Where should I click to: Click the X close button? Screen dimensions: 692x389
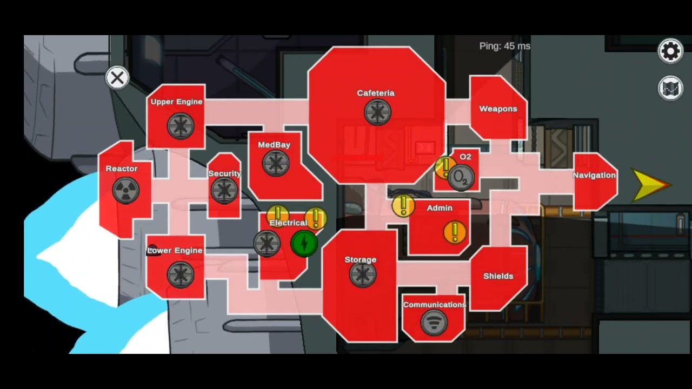(x=117, y=78)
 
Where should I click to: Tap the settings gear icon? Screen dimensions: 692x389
(x=670, y=51)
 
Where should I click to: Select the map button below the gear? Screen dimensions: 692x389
(x=670, y=89)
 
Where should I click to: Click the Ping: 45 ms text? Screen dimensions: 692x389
(x=505, y=46)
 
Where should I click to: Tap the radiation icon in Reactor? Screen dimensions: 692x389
(x=126, y=191)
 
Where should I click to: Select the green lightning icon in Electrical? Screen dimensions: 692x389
(x=304, y=244)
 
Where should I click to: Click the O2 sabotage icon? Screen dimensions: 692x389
(x=461, y=178)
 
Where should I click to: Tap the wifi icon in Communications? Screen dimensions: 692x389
(x=434, y=323)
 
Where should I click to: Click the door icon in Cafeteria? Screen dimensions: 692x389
(x=377, y=112)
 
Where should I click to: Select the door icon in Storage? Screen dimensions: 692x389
(x=363, y=274)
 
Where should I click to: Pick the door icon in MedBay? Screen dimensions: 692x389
(x=276, y=163)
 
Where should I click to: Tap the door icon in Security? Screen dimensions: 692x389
(x=224, y=191)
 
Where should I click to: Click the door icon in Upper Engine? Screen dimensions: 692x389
(x=181, y=126)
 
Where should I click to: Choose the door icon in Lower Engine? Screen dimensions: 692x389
(x=181, y=275)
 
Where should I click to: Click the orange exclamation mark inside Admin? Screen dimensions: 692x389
(x=455, y=232)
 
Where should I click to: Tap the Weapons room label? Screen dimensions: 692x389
(x=498, y=109)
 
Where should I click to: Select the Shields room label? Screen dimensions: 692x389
(x=498, y=276)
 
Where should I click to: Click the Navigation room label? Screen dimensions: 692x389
(x=594, y=176)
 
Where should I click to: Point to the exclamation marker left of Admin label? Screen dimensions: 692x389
(x=403, y=206)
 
